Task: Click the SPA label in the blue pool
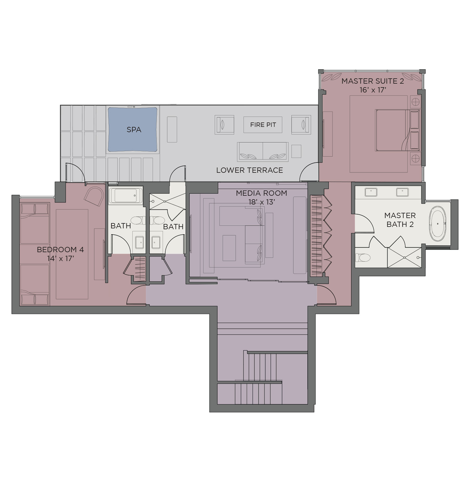pos(134,130)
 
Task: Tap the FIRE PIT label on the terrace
pos(263,125)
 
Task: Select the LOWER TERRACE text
pos(249,170)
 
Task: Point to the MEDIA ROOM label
pos(261,193)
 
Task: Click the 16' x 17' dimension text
pos(373,90)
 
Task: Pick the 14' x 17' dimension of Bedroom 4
pos(61,259)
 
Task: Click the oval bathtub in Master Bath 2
pos(438,224)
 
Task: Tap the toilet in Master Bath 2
pos(363,258)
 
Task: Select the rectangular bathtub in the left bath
pos(126,195)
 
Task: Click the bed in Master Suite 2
pos(397,130)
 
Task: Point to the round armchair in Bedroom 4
pos(93,196)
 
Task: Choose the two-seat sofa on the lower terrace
pos(263,152)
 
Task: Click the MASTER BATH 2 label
pos(400,220)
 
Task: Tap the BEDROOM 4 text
pos(60,250)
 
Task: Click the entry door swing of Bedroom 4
pos(136,295)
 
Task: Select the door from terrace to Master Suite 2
pos(309,172)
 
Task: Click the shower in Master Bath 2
pos(404,258)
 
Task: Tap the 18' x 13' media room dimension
pos(261,202)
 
